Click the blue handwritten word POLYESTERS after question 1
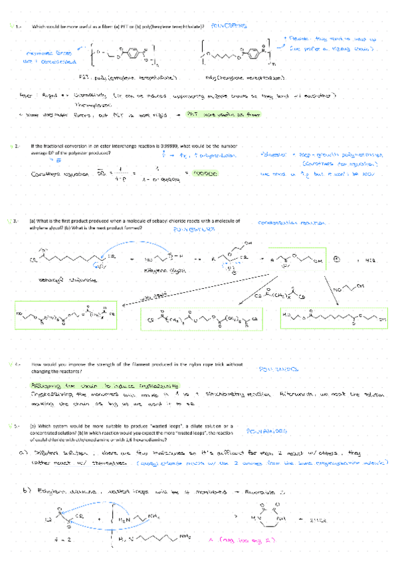coord(228,26)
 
